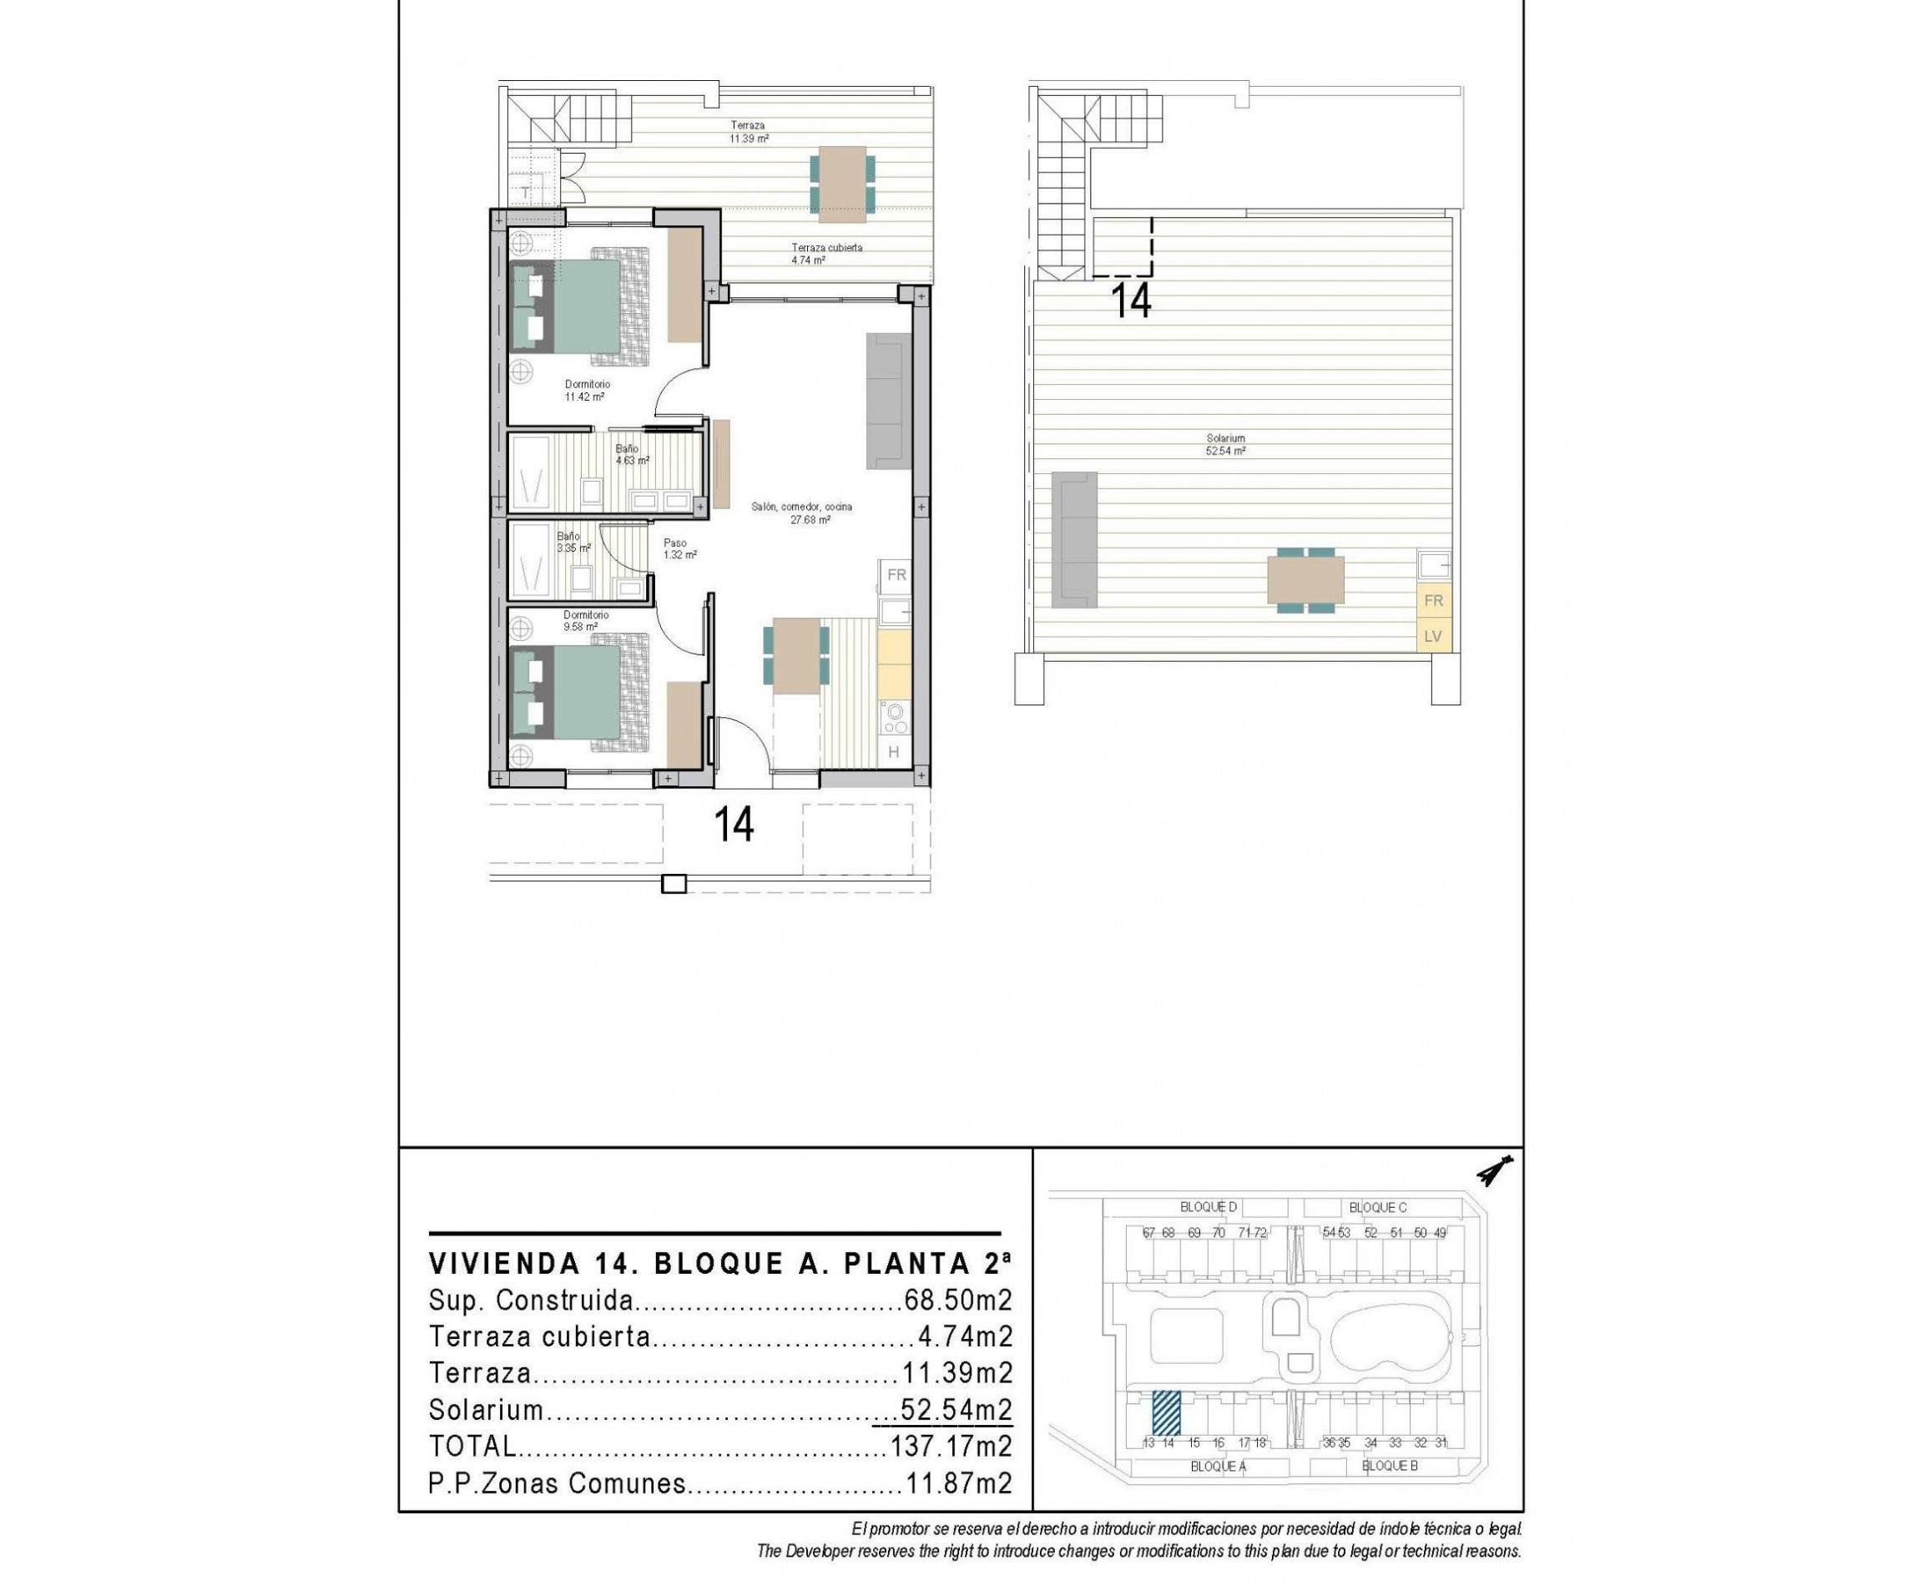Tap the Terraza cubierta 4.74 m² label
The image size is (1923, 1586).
click(825, 253)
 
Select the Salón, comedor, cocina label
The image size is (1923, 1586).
click(801, 513)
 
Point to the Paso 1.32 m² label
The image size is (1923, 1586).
click(679, 548)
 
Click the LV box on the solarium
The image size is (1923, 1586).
click(1431, 636)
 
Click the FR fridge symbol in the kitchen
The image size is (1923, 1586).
click(896, 574)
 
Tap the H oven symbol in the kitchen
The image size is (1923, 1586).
click(892, 752)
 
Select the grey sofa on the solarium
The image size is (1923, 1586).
click(1073, 539)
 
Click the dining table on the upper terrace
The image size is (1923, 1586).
click(841, 184)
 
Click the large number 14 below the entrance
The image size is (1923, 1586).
click(734, 824)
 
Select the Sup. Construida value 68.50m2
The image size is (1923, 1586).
click(956, 1300)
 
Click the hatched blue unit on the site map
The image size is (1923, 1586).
click(1165, 1412)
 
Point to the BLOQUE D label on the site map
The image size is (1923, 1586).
click(1208, 1207)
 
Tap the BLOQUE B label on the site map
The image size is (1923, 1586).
click(1389, 1466)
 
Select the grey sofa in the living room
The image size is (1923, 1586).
click(888, 401)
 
